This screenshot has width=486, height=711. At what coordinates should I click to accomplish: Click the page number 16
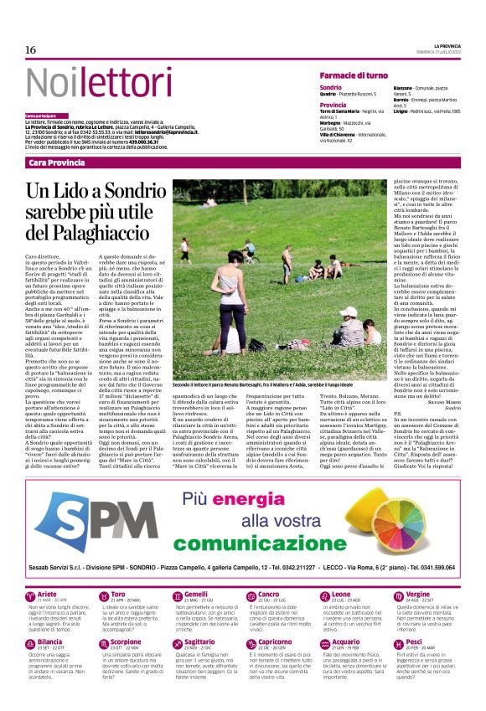30,50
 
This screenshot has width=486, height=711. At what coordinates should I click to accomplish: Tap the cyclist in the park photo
247,251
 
